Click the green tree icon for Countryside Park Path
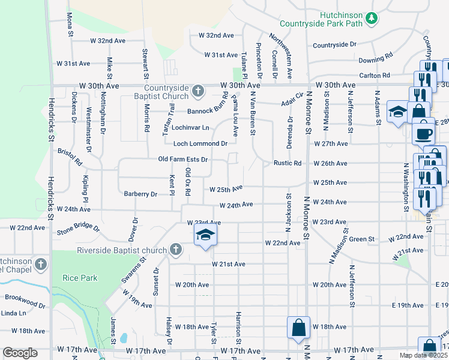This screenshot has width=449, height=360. [x=372, y=19]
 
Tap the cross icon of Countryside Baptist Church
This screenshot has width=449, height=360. [x=199, y=92]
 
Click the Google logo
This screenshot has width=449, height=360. [x=20, y=353]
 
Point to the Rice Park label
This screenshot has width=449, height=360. [x=76, y=277]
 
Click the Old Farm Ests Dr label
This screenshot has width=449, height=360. [x=182, y=160]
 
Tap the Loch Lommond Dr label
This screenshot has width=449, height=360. [x=200, y=144]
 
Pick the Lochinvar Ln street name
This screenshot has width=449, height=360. [x=190, y=128]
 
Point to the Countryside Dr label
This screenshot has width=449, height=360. [x=334, y=45]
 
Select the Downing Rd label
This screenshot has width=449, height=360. [x=375, y=59]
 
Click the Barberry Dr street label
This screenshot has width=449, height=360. [x=140, y=194]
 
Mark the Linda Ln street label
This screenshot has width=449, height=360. [x=13, y=313]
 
